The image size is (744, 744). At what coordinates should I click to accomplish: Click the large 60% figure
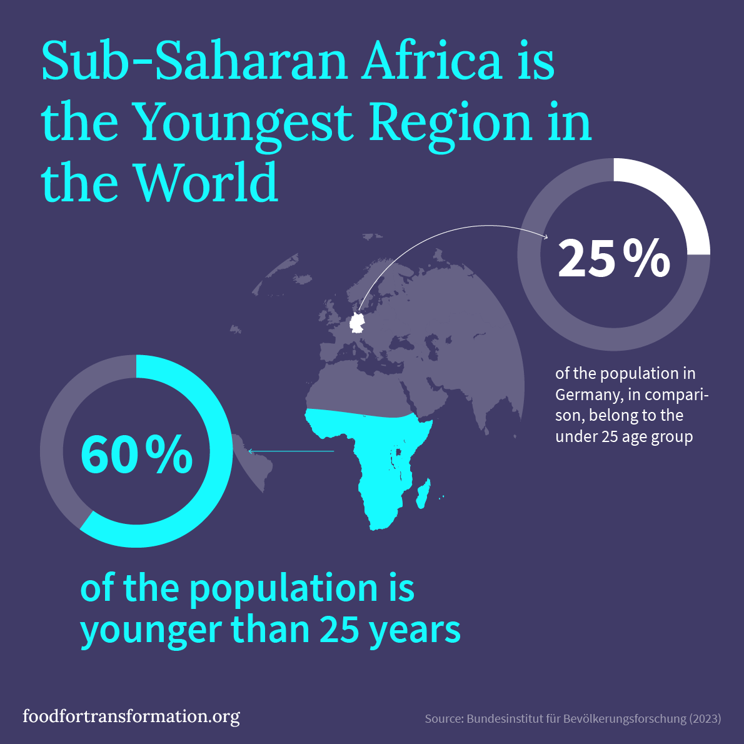(136, 455)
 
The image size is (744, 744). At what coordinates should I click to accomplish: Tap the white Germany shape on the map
(357, 322)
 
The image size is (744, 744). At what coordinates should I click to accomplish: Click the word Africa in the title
(431, 61)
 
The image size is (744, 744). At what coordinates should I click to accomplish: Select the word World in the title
(206, 183)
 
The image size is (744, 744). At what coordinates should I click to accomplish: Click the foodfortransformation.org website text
(131, 716)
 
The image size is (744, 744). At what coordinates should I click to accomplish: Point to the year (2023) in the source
(705, 719)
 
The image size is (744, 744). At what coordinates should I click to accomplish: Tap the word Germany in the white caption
(586, 395)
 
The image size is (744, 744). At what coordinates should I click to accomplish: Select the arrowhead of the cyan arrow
(250, 451)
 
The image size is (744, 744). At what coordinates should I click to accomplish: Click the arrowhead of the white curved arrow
(546, 237)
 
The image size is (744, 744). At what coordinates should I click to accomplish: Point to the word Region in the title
(450, 123)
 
